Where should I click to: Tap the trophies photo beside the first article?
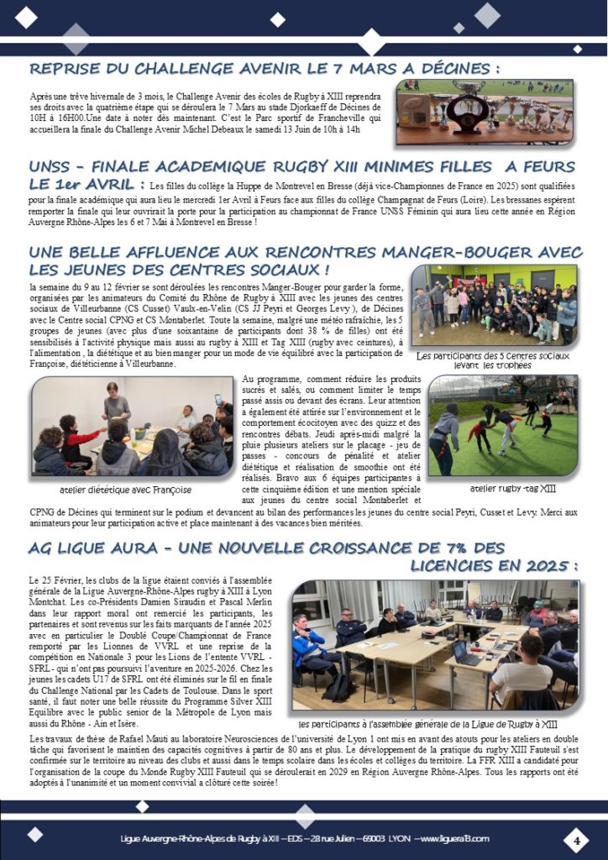point(485,112)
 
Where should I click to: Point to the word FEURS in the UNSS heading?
point(545,166)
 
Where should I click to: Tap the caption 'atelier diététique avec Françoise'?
point(126,490)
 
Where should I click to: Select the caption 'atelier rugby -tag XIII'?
point(501,487)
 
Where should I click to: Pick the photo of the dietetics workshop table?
point(132,427)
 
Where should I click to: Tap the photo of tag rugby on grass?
point(502,425)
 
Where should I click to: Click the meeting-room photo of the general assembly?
point(434,644)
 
